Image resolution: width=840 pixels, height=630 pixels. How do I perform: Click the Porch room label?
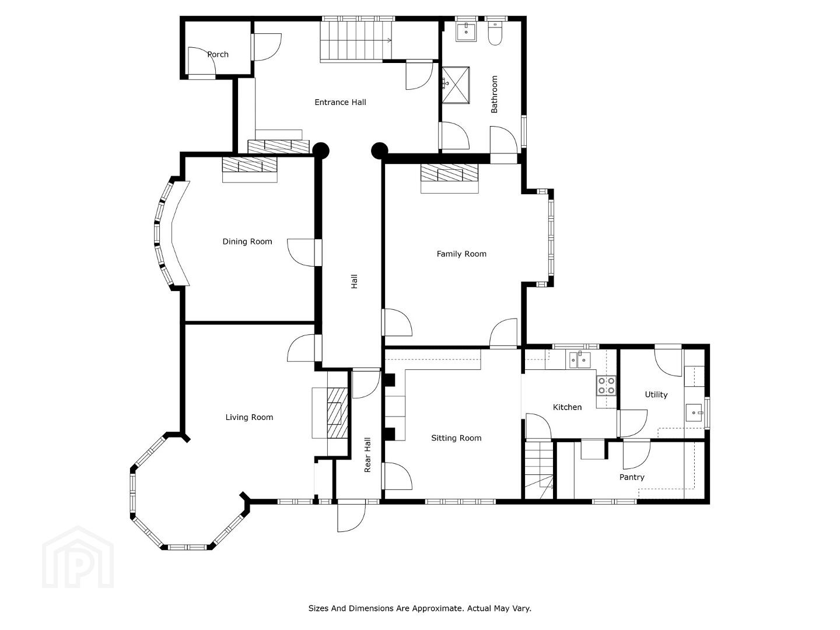(x=218, y=54)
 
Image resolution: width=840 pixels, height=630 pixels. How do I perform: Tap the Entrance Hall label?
(x=340, y=102)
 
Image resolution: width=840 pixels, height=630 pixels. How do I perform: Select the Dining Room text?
(x=247, y=242)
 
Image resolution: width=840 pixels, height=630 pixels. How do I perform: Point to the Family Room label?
(x=461, y=254)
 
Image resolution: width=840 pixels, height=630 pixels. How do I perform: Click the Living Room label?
(x=249, y=417)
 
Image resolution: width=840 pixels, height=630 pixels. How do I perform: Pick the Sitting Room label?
(x=456, y=438)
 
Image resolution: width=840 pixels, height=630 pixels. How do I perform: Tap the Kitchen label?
(x=567, y=407)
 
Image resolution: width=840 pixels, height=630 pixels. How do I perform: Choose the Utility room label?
(x=656, y=395)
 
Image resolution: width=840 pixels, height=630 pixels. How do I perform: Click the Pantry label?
(x=632, y=477)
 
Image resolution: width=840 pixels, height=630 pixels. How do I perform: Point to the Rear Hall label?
(x=367, y=455)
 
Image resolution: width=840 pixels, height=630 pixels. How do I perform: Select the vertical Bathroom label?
(x=494, y=94)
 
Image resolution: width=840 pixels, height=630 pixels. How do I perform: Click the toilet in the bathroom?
(x=495, y=34)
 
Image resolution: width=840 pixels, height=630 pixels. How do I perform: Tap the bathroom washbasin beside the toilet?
(x=466, y=32)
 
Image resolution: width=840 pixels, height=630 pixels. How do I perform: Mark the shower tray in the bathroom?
(x=456, y=85)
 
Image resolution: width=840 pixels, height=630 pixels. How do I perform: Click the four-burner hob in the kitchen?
(x=606, y=385)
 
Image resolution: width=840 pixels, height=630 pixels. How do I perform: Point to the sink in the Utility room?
(x=694, y=413)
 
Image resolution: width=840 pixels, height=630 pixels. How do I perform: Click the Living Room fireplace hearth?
(x=337, y=413)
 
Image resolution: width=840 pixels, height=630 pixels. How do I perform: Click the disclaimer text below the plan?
(x=420, y=608)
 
